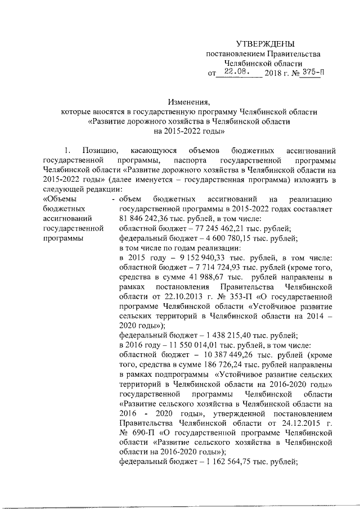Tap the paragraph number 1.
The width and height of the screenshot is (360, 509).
click(x=69, y=151)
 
